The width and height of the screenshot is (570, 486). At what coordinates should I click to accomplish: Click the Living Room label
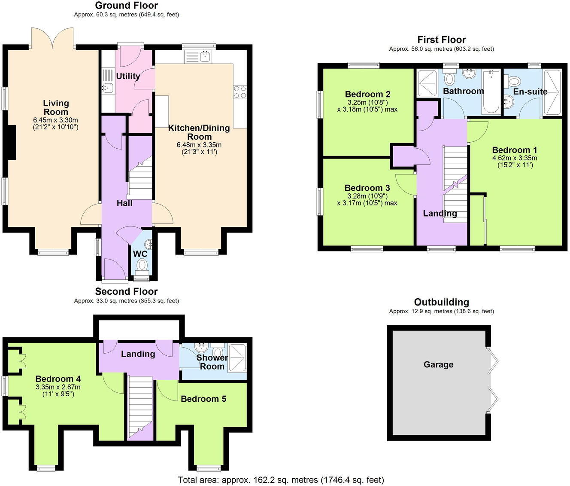pos(56,107)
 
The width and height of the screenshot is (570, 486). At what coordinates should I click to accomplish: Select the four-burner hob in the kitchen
pos(240,92)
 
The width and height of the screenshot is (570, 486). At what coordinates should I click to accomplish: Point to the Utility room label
pos(128,76)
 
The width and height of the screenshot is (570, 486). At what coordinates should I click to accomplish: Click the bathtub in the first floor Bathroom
pos(491,92)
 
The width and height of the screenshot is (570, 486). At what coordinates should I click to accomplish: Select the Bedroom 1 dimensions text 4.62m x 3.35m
pos(515,158)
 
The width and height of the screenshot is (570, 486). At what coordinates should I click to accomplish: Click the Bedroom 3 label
pos(367,188)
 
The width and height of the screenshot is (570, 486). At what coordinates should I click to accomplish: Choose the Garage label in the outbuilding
pos(439,364)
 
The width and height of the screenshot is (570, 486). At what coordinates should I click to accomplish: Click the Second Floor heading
pos(126,291)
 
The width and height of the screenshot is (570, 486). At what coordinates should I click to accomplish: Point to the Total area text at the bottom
pos(281,480)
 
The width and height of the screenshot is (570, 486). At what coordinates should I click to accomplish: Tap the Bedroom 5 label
pos(203,399)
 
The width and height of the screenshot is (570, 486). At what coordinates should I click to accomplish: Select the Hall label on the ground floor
pos(124,203)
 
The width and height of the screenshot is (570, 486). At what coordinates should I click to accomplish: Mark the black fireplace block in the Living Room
pos(12,143)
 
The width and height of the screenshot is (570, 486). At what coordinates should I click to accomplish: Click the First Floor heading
pos(442,40)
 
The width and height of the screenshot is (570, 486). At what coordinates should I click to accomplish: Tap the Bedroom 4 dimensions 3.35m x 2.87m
pos(58,387)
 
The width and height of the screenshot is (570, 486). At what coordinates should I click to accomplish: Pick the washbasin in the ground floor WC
pos(149,244)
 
